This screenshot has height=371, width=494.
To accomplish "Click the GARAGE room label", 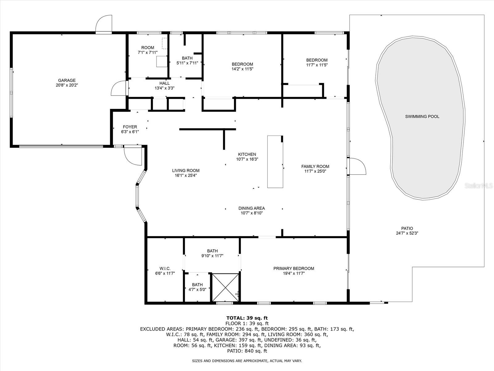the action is (67, 80).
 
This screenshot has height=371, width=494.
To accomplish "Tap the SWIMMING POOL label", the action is (422, 117).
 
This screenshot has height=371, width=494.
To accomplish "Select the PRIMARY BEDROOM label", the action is (294, 268).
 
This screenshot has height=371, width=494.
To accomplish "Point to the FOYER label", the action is (130, 127).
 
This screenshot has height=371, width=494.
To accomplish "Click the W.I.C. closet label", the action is (165, 268).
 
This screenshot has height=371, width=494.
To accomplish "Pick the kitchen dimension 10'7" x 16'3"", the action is (247, 159).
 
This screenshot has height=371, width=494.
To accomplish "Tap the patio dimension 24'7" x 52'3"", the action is (407, 233).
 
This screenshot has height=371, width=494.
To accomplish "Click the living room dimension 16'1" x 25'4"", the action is (186, 176).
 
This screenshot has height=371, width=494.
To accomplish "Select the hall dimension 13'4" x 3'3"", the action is (165, 88).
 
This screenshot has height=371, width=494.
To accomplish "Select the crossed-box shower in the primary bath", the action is (225, 287).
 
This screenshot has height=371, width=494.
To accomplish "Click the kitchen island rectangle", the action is (275, 161).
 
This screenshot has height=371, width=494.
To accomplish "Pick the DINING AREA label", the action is (252, 208).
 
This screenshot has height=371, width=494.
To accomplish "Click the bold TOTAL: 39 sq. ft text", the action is (247, 318).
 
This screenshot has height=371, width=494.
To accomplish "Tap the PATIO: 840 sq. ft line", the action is (247, 351).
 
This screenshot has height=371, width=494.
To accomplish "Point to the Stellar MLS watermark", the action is (478, 185).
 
